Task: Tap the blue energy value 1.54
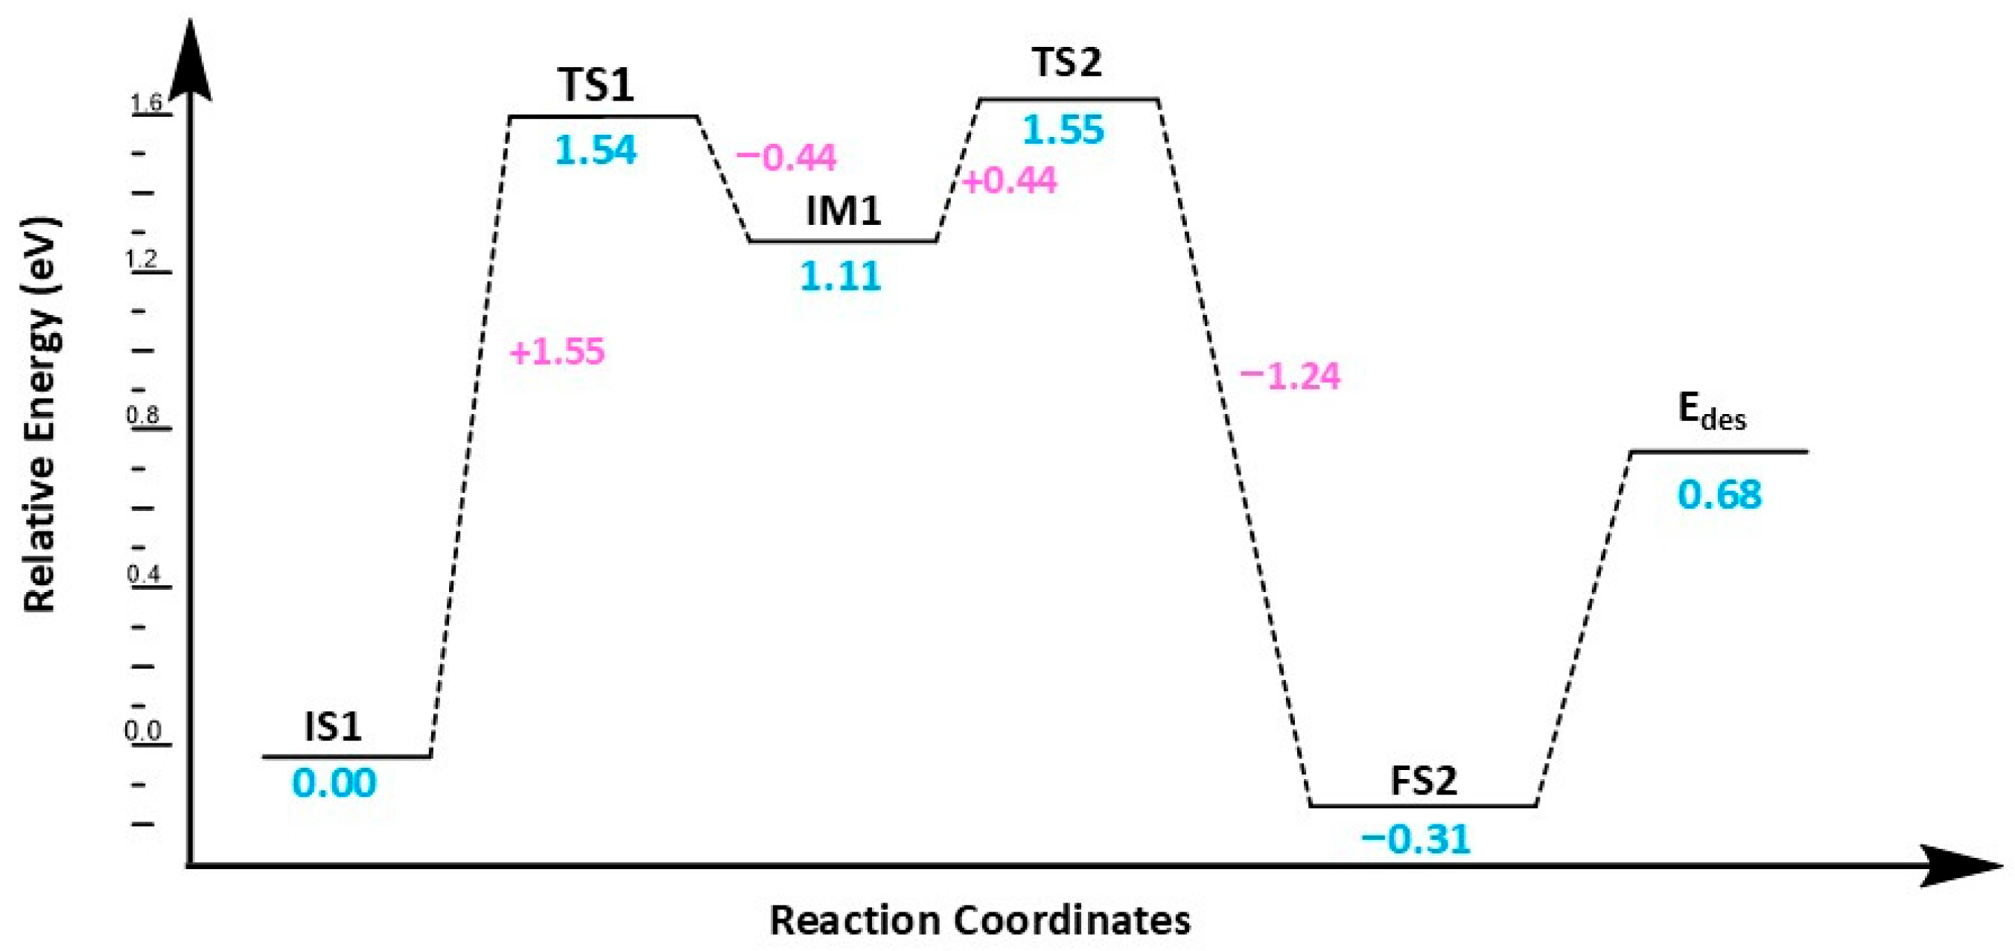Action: [596, 150]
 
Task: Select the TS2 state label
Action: [1067, 63]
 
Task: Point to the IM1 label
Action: [843, 211]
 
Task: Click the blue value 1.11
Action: [841, 277]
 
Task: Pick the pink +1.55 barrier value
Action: [557, 352]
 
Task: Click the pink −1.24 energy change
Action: [1290, 377]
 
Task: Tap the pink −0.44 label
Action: [786, 158]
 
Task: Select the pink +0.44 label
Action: [1009, 182]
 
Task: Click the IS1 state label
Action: [332, 728]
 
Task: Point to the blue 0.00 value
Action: [334, 783]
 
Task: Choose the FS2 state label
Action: [1424, 780]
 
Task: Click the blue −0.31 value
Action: [1416, 839]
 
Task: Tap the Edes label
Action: [1711, 410]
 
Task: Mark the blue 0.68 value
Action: [1719, 495]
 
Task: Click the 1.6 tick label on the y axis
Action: [146, 103]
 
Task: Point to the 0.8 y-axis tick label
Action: [143, 415]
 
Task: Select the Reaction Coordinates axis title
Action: [980, 920]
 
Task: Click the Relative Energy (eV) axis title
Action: [41, 415]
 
